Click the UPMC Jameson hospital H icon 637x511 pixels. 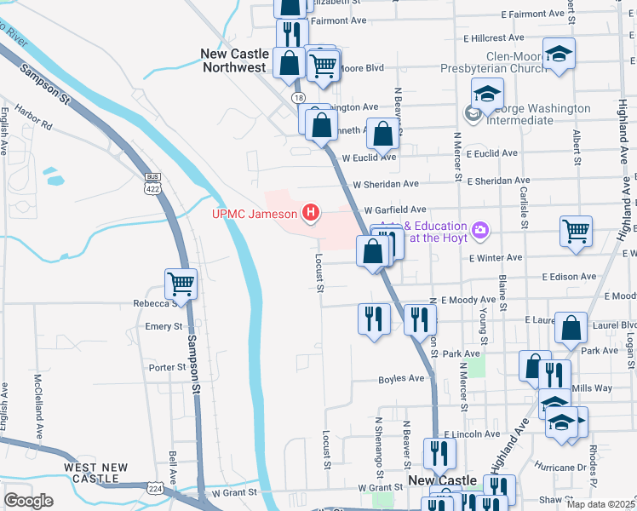(312, 213)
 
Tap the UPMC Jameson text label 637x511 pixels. (255, 213)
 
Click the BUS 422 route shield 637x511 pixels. (153, 182)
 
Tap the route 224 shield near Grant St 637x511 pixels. (155, 489)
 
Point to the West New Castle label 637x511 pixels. (95, 473)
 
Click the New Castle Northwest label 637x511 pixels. (235, 60)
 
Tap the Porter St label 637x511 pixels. (167, 368)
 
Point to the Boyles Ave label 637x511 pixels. (401, 378)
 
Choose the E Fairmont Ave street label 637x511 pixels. (533, 14)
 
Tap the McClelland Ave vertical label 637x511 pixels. (38, 401)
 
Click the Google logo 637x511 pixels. (28, 501)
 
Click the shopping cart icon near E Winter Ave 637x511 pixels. (577, 231)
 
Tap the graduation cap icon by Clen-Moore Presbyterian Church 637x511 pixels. (560, 55)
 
